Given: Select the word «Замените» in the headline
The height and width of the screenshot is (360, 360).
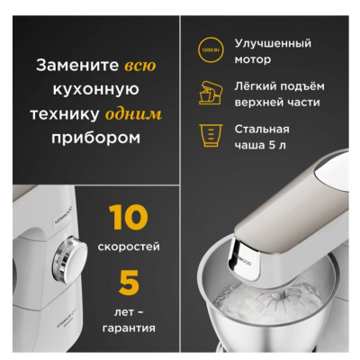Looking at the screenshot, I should tap(74, 67).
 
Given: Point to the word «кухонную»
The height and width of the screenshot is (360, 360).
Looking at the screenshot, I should tap(89, 91).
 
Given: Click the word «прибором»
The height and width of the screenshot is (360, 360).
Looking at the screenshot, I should tap(89, 139).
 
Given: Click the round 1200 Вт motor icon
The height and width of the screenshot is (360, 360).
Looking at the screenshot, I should tap(209, 49).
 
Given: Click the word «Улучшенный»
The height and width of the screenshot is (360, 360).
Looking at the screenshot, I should tap(272, 43).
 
